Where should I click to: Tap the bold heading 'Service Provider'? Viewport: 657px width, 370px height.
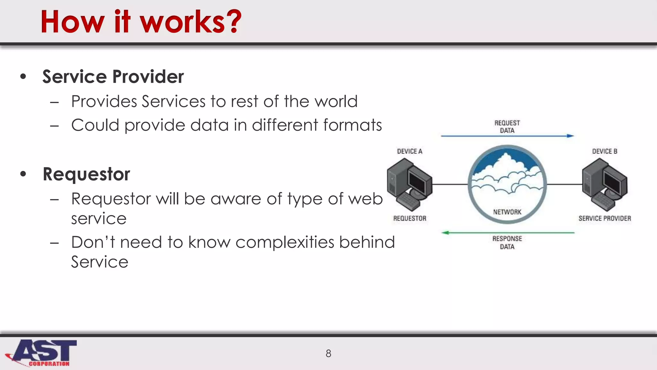click(113, 77)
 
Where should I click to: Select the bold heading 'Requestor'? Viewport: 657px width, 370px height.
click(86, 174)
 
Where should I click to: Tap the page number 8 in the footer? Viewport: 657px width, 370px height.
click(328, 353)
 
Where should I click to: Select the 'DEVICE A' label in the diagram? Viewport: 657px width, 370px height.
click(410, 151)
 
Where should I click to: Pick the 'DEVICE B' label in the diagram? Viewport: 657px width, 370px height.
click(604, 151)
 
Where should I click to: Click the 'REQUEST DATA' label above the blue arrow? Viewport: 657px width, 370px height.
click(507, 127)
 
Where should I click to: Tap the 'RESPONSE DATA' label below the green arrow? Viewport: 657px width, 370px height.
click(507, 242)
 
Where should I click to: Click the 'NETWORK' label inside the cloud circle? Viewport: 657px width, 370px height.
click(507, 212)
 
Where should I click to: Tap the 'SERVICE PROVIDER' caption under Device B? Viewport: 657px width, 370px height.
click(604, 218)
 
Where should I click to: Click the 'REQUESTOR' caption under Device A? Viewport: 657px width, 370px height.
click(410, 218)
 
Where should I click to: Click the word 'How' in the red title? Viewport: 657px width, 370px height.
click(72, 22)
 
